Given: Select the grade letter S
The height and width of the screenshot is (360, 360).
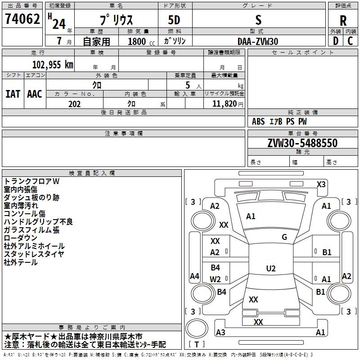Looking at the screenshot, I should point(258,20).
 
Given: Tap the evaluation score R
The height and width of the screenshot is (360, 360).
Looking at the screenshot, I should point(343,20).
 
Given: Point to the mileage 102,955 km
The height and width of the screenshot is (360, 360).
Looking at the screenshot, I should point(53,64).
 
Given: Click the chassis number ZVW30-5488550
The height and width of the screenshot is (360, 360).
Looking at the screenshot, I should point(302,144).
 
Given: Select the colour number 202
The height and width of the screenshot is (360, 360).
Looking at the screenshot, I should point(74,104).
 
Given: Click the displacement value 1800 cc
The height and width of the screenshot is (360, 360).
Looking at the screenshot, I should point(139,41).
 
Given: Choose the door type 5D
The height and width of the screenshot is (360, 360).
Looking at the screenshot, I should point(175,20).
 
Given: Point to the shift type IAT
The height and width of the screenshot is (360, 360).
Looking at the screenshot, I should point(13,94).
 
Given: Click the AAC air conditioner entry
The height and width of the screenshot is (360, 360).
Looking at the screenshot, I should point(34,94).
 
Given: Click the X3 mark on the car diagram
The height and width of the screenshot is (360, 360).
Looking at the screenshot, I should point(321,184).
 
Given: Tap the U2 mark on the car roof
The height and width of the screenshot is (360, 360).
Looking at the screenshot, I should point(270,269).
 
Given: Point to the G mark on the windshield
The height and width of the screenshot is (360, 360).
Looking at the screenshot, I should point(284,237).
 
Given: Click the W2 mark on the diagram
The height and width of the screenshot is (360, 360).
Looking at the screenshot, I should point(215,279).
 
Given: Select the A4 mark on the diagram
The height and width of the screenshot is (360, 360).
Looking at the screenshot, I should point(194,276).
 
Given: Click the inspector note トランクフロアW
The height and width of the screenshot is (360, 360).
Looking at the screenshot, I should point(32,181).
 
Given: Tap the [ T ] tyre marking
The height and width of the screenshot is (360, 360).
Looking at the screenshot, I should point(197,345).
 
